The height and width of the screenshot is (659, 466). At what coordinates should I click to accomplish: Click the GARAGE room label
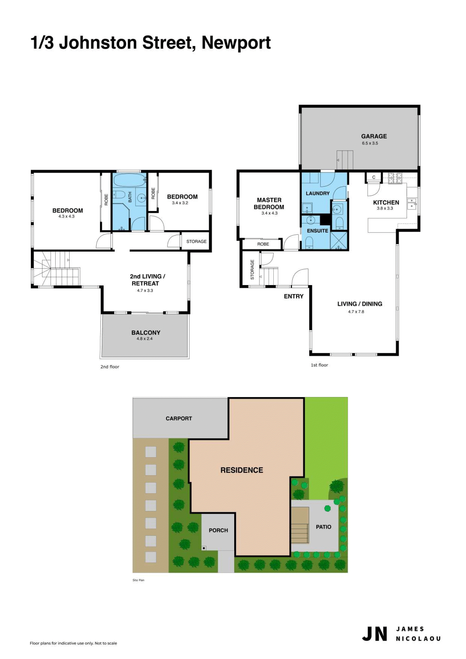tap(374, 136)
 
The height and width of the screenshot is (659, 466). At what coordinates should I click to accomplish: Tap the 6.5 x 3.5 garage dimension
tap(370, 143)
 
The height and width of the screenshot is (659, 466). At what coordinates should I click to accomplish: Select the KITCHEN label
tap(386, 203)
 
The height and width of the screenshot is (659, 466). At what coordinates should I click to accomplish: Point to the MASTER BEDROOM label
tap(269, 204)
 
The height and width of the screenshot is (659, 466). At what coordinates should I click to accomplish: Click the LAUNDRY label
tap(317, 193)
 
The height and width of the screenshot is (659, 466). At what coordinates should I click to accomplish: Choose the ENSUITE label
tap(317, 231)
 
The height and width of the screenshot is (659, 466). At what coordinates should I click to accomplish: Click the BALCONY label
tap(146, 333)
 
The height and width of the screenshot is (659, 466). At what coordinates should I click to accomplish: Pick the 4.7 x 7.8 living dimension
tap(356, 312)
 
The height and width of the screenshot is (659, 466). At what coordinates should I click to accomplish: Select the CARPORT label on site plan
tap(179, 419)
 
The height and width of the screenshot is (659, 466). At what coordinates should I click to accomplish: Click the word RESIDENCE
tap(242, 470)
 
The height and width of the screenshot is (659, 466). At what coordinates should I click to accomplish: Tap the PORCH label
tap(218, 530)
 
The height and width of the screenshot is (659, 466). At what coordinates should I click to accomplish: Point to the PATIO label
tap(323, 527)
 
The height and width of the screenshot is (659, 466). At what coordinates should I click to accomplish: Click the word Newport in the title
tap(236, 43)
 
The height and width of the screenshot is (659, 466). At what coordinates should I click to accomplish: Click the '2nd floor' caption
tap(110, 367)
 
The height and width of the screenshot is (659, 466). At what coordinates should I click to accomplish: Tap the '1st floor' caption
tap(319, 365)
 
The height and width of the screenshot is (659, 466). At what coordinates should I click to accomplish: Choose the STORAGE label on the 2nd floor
tap(196, 241)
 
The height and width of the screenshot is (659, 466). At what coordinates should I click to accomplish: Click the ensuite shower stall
tap(339, 240)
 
